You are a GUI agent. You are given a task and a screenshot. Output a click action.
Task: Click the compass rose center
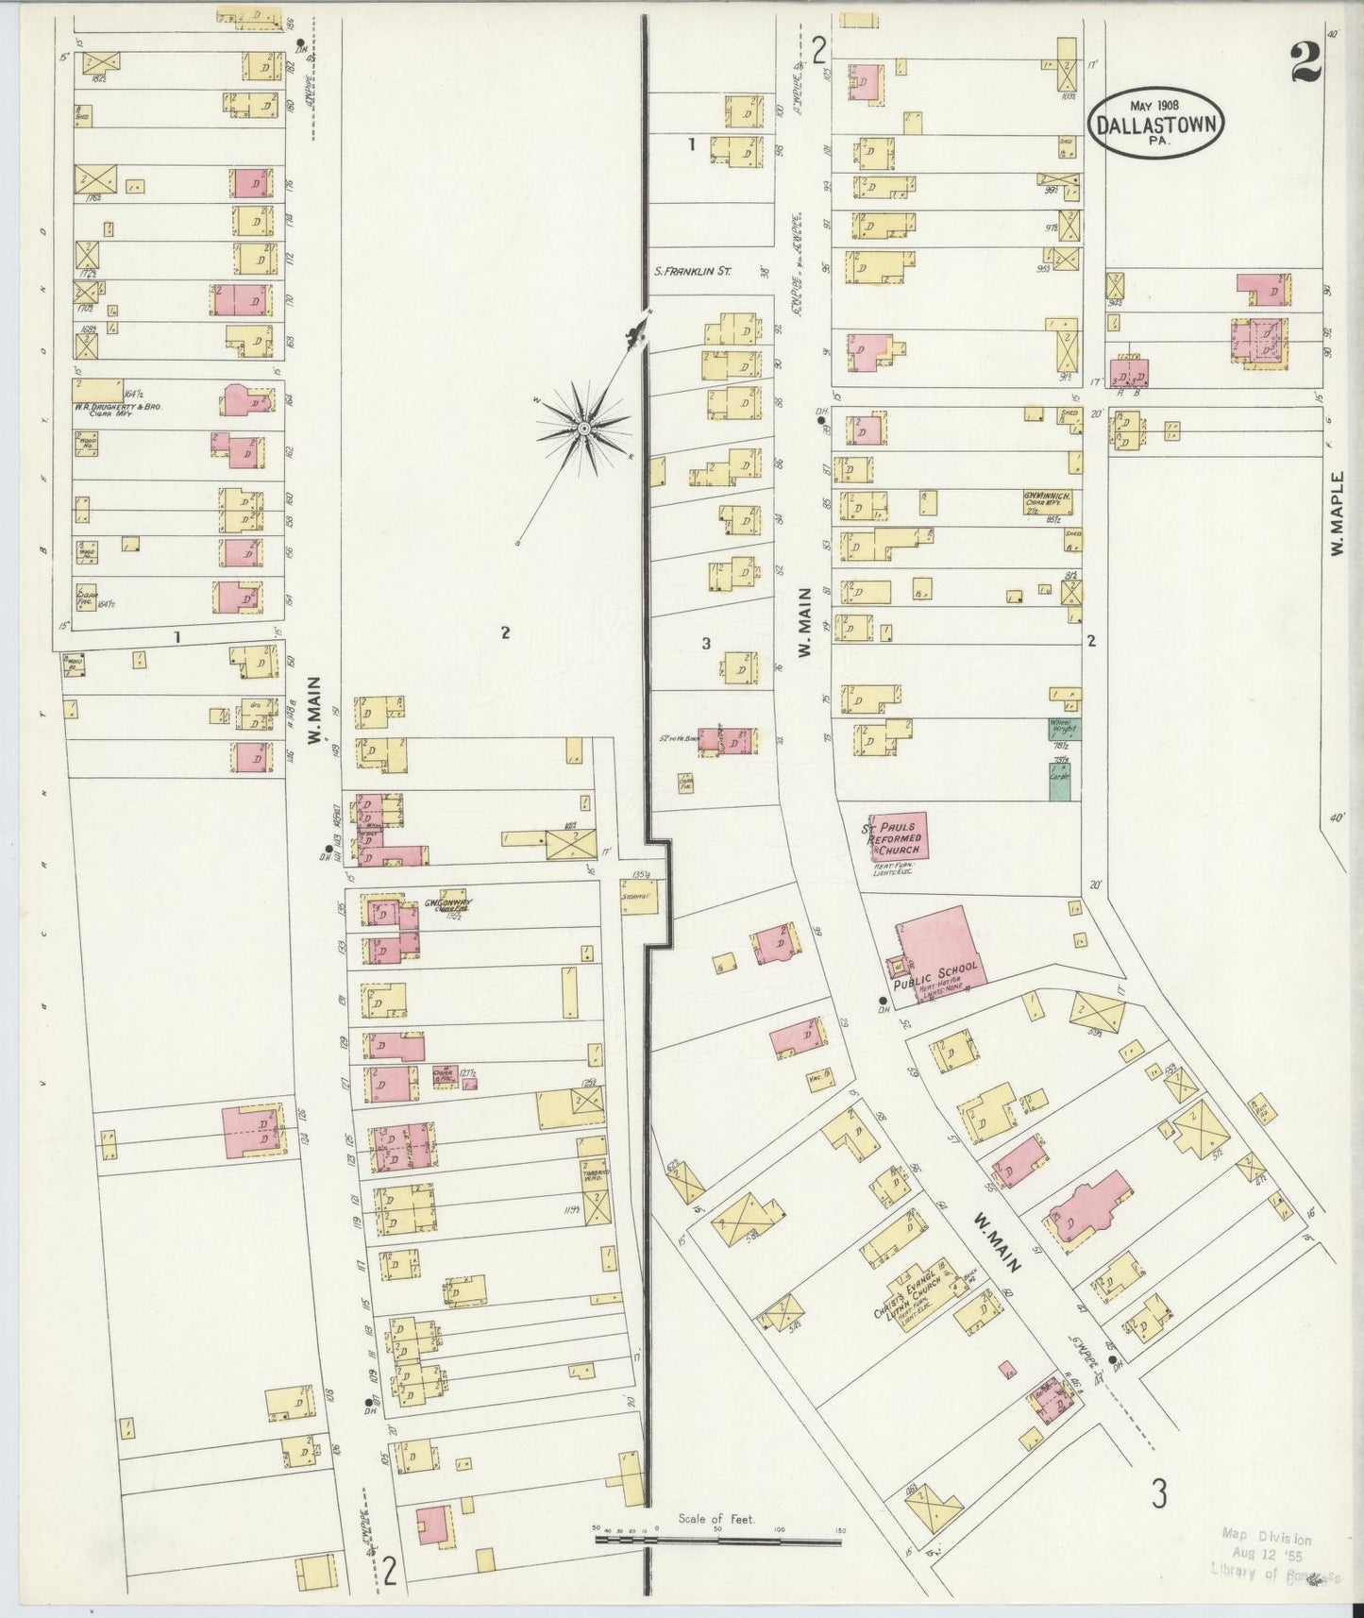coord(583,430)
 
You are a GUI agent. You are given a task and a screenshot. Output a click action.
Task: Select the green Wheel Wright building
coord(1066,728)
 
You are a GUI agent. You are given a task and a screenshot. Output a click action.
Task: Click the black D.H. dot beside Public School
coord(882,1000)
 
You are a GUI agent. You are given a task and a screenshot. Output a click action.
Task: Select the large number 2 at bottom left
coord(389,1569)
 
